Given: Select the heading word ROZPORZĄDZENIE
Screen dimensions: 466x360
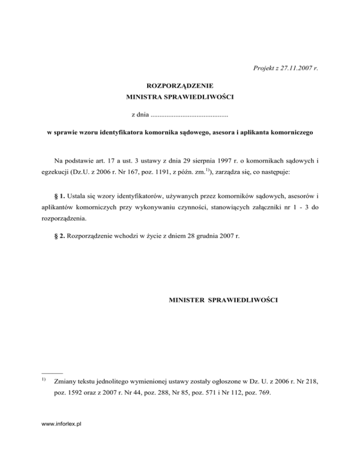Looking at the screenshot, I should pyautogui.click(x=180, y=86).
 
